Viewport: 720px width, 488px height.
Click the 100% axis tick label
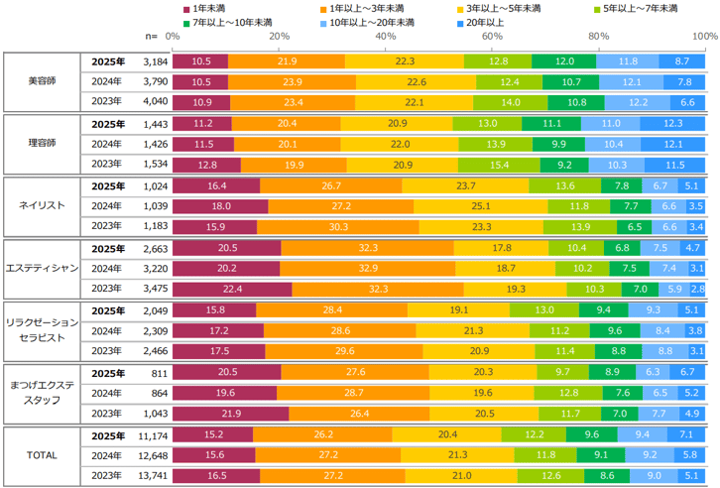pos(704,36)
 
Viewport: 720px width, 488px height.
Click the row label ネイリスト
pos(42,205)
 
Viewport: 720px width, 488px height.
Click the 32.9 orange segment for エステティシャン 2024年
pos(368,268)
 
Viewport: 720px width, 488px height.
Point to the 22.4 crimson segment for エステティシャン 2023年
pos(232,289)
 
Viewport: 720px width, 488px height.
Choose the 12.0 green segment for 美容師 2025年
pos(564,61)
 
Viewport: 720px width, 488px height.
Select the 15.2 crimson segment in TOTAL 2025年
pos(212,433)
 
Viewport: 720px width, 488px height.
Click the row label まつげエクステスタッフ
pos(42,392)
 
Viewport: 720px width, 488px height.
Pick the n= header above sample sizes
pos(152,36)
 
